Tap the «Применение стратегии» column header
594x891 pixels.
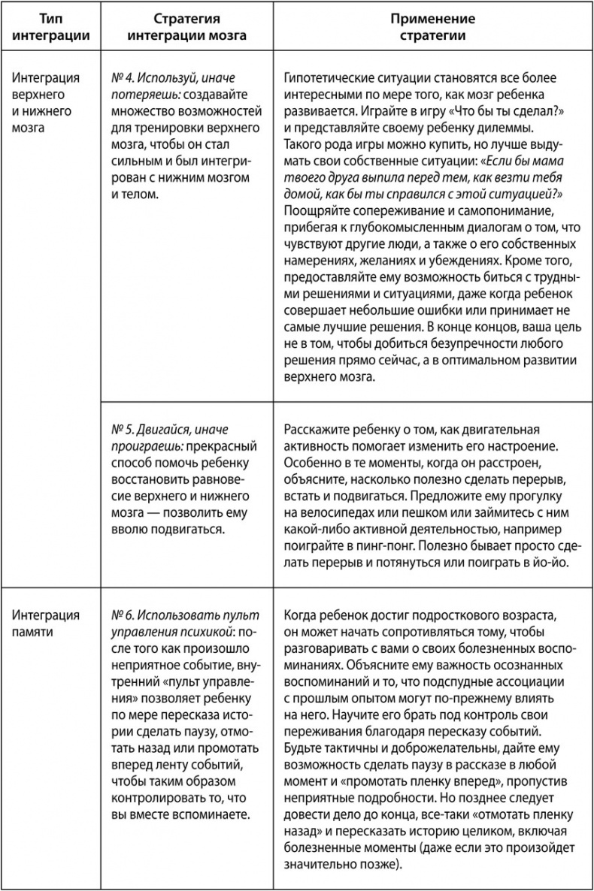(432, 27)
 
